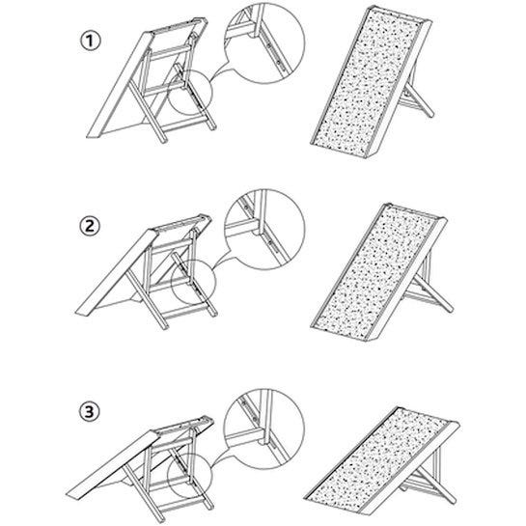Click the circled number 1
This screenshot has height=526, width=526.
[90, 42]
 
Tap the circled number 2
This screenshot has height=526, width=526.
[90, 226]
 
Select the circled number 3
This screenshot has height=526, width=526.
[89, 411]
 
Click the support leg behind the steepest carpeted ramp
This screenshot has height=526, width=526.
[419, 100]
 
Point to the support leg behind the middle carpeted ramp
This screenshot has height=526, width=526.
[434, 292]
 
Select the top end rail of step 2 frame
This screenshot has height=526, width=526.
[182, 222]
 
